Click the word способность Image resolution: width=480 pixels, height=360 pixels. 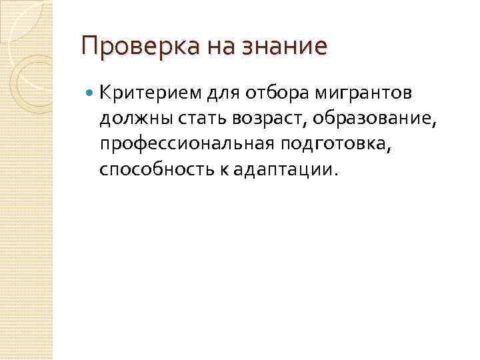point(149,170)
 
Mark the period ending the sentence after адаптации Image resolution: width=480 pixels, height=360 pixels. point(335,175)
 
